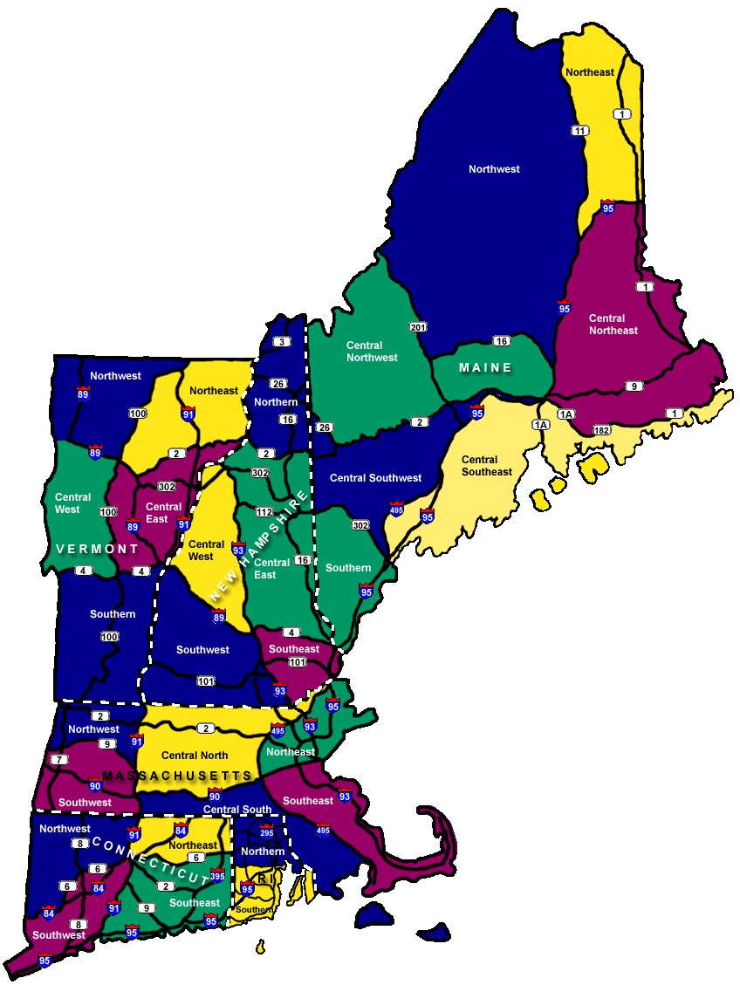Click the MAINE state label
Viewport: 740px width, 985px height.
(x=486, y=367)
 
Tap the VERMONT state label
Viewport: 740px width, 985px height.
(x=97, y=549)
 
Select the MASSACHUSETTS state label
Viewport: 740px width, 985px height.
(x=177, y=776)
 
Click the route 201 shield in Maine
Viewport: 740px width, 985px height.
(x=417, y=326)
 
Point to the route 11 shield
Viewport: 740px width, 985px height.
(x=579, y=131)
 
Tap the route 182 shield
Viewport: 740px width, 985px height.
(x=600, y=430)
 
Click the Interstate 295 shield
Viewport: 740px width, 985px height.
(x=267, y=831)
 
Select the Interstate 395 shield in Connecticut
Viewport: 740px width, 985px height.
(x=217, y=875)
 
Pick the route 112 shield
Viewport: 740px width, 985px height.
(x=264, y=511)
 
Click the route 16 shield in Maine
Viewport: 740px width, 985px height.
(x=501, y=341)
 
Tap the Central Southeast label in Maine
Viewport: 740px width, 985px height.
(x=487, y=466)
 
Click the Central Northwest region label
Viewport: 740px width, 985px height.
(x=372, y=352)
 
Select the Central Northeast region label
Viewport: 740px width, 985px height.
(x=613, y=325)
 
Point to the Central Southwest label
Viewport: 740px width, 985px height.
(x=375, y=478)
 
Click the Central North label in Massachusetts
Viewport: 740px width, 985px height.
(x=195, y=756)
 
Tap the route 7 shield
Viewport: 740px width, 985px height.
(x=58, y=759)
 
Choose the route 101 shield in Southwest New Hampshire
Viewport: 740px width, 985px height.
(x=206, y=681)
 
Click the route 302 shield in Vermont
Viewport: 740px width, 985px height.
(x=166, y=487)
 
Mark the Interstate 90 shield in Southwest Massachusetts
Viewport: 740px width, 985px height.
(x=95, y=783)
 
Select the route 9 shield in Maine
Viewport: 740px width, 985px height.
(x=634, y=386)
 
